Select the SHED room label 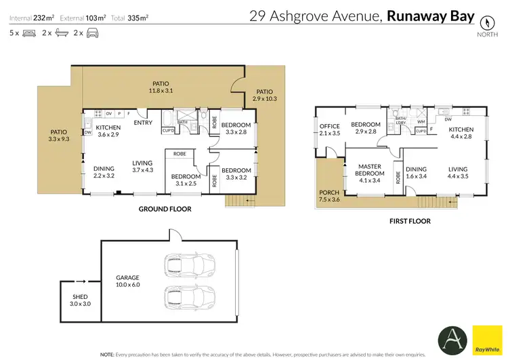(x=81, y=300)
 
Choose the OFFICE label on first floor (x=330, y=129)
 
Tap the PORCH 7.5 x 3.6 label (x=330, y=197)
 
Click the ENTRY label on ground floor (x=143, y=123)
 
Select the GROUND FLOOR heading (x=165, y=209)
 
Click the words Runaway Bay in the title (x=430, y=16)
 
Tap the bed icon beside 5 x (x=28, y=33)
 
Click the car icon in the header (x=93, y=33)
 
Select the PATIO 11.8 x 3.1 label (x=161, y=87)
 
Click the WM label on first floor (x=421, y=122)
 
